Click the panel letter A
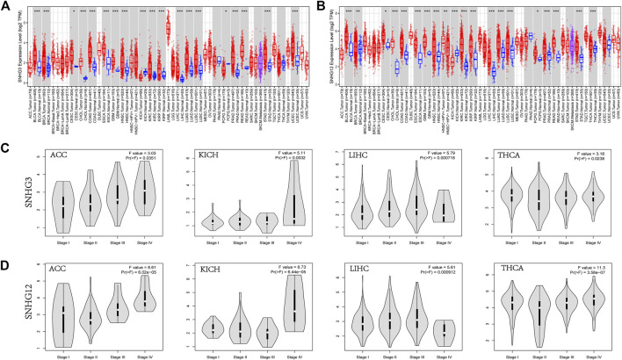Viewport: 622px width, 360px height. point(7,6)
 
